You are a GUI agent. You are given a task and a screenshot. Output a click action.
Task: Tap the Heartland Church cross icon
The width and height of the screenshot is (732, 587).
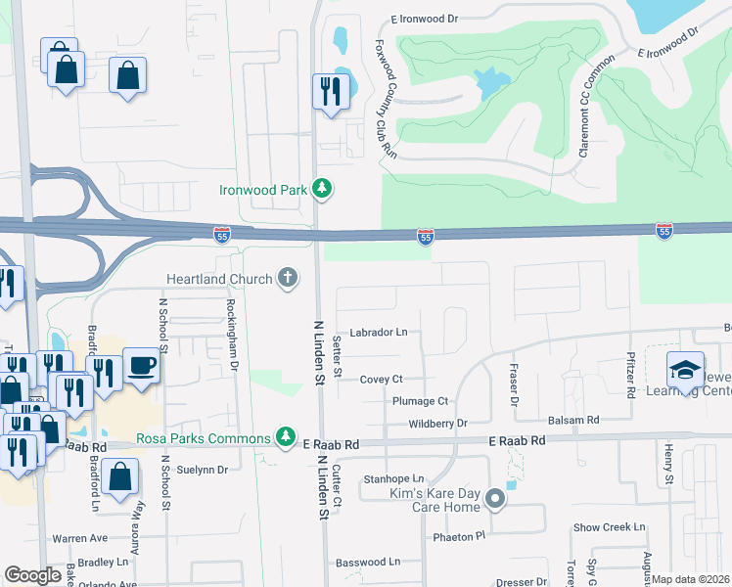pos(287,279)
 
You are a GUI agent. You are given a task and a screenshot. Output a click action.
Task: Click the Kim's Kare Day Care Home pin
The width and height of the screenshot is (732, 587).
pos(496,499)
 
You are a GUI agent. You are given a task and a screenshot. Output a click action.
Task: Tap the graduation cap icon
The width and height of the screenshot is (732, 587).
pos(685,371)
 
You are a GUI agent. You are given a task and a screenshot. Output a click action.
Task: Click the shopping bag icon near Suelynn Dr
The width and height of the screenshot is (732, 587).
pos(119,478)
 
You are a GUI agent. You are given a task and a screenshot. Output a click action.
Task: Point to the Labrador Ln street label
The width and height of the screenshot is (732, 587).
pos(379,333)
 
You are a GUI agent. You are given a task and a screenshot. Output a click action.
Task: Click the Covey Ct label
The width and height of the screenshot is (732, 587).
pos(381,379)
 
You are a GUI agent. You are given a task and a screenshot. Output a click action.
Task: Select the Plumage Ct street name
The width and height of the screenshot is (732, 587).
pos(420,401)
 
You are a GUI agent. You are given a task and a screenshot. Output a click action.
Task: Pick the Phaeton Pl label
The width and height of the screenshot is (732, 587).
pos(459,536)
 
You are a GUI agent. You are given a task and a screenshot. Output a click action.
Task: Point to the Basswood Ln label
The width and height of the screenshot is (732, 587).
pos(368,563)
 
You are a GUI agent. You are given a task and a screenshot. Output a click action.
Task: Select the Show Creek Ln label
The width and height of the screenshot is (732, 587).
pos(610,527)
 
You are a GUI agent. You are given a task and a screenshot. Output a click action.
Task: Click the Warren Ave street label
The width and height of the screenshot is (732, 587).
pos(79,538)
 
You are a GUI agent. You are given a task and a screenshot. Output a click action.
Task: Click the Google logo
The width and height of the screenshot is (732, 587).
pos(32,575)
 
